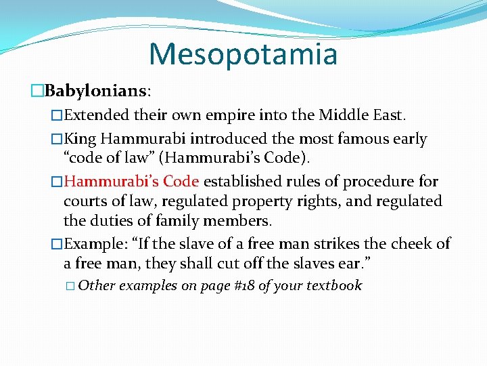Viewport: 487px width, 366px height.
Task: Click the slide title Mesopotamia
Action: tap(243, 54)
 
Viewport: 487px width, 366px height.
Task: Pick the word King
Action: tap(81, 140)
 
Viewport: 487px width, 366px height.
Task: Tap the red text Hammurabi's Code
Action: tap(132, 182)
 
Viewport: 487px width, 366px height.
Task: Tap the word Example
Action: tap(94, 244)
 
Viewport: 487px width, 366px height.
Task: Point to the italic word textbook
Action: tap(334, 285)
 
